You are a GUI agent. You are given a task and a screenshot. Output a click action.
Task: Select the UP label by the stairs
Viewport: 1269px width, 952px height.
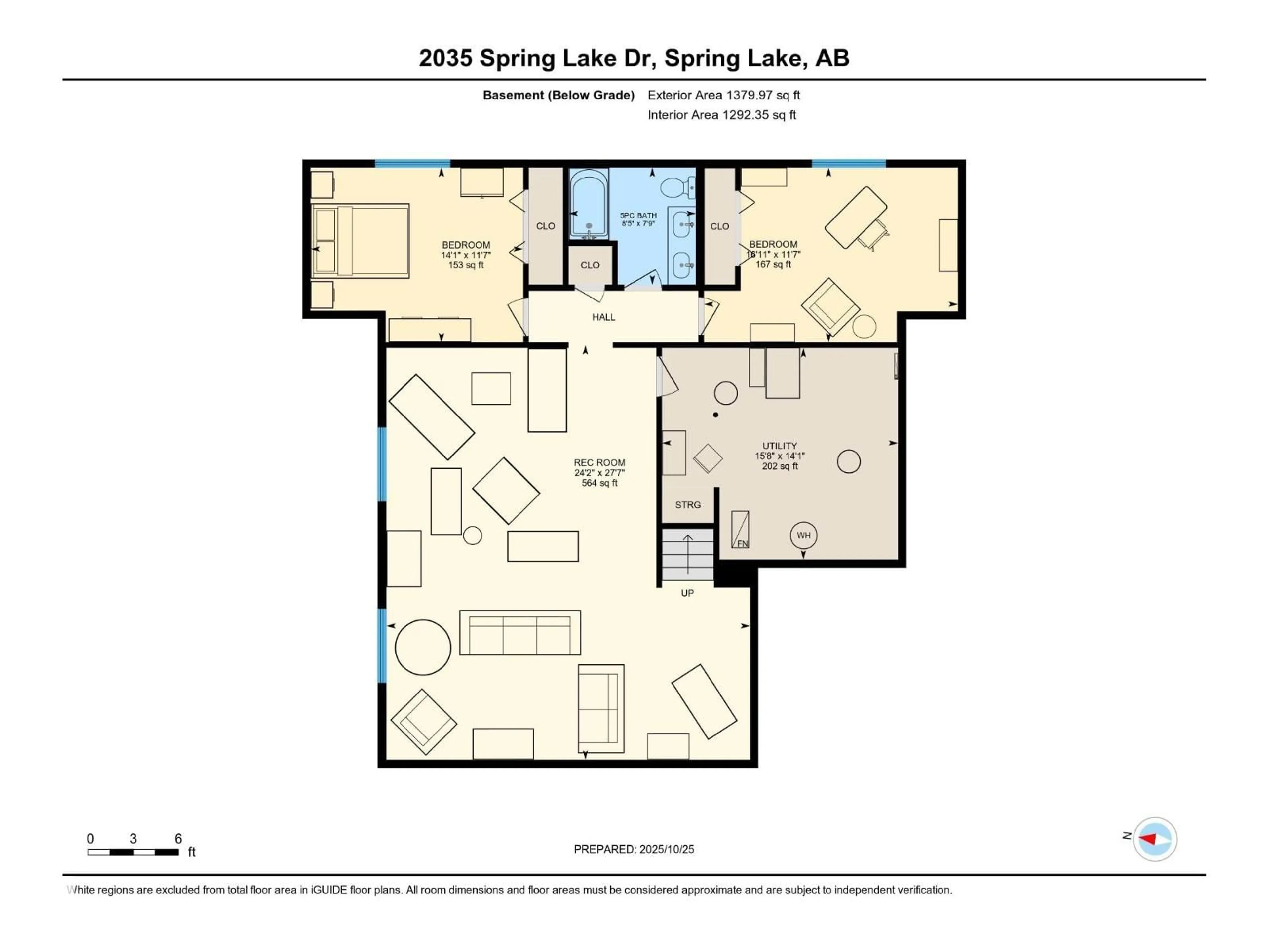(687, 593)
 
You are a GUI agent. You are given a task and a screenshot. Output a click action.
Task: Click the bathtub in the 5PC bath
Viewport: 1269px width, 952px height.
(589, 205)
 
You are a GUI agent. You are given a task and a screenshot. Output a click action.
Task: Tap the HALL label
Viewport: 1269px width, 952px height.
(603, 317)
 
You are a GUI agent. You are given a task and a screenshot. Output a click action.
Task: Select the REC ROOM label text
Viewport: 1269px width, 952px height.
(599, 462)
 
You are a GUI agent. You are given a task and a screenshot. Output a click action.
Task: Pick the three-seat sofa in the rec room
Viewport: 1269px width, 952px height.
(520, 632)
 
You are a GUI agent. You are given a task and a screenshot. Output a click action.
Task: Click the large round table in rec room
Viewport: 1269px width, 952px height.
(423, 647)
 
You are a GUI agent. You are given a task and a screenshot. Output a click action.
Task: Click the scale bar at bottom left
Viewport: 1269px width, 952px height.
(133, 852)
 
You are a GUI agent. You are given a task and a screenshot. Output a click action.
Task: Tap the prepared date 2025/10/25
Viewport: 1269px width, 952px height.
(634, 849)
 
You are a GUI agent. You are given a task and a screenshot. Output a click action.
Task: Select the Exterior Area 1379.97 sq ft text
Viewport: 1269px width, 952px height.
(723, 95)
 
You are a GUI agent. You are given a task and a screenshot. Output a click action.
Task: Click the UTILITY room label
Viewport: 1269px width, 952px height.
(780, 446)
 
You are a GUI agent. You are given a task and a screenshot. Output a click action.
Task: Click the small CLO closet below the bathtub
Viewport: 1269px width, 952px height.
(590, 265)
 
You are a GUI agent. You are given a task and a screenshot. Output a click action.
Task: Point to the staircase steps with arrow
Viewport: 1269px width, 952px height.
(688, 554)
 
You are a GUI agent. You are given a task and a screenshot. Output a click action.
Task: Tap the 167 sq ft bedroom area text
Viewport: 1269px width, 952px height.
(773, 264)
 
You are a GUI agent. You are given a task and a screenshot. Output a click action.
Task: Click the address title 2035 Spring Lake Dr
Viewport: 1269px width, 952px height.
(634, 58)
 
